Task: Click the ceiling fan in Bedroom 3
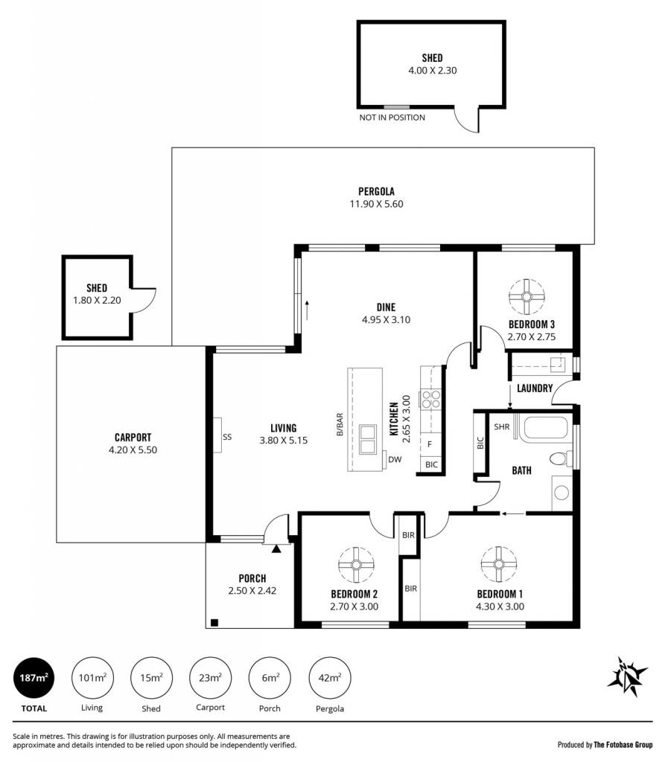pyautogui.click(x=527, y=296)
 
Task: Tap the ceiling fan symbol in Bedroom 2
pyautogui.click(x=357, y=564)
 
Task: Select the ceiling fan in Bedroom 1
pyautogui.click(x=498, y=564)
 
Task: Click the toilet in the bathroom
pyautogui.click(x=561, y=458)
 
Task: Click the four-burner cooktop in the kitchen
pyautogui.click(x=430, y=399)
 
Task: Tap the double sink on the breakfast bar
pyautogui.click(x=368, y=439)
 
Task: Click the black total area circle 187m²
pyautogui.click(x=34, y=677)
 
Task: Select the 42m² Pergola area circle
pyautogui.click(x=330, y=677)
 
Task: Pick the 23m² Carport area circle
pyautogui.click(x=211, y=677)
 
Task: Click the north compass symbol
pyautogui.click(x=627, y=676)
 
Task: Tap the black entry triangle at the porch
pyautogui.click(x=276, y=548)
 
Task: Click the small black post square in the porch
pyautogui.click(x=214, y=623)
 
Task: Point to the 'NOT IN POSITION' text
pyautogui.click(x=392, y=118)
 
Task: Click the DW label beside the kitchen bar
pyautogui.click(x=395, y=459)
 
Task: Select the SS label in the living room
pyautogui.click(x=227, y=437)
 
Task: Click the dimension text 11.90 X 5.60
pyautogui.click(x=376, y=204)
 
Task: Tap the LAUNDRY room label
pyautogui.click(x=535, y=388)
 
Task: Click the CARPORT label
pyautogui.click(x=133, y=438)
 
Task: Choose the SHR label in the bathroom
pyautogui.click(x=502, y=426)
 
